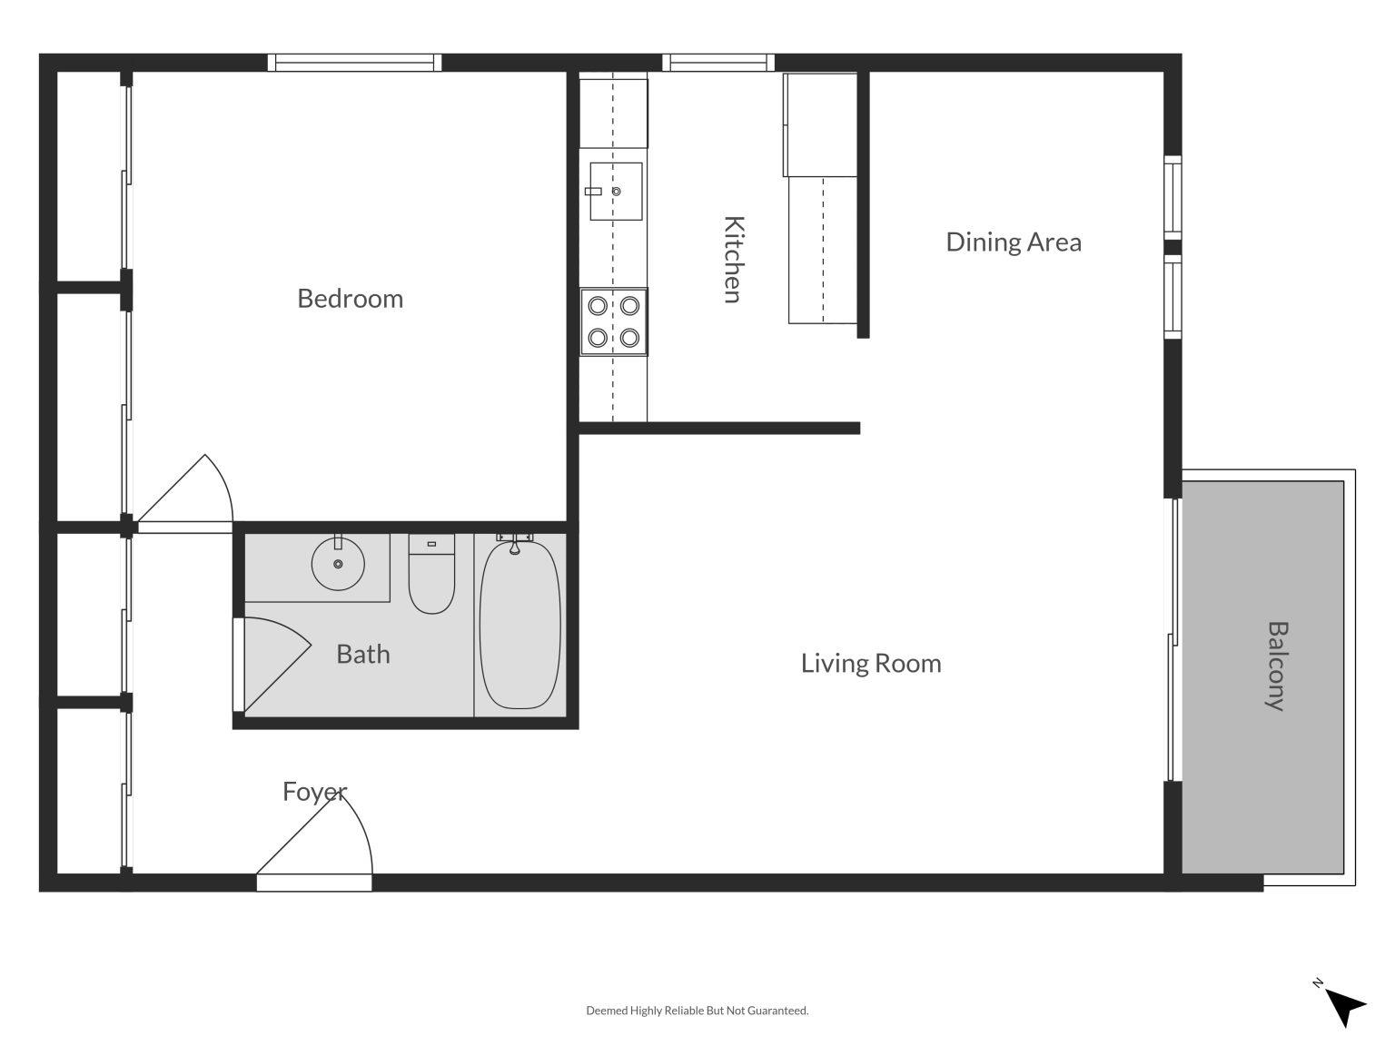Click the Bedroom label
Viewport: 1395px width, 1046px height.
[350, 299]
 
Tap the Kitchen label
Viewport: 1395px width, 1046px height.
[733, 259]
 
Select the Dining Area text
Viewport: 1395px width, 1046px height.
[1014, 242]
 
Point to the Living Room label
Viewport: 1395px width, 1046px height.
[871, 664]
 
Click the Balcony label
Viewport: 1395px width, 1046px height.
[1277, 666]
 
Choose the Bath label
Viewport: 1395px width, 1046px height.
[362, 654]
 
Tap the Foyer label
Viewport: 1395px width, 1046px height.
[314, 792]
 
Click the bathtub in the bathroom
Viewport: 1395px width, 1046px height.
[519, 625]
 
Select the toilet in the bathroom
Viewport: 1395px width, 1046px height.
[431, 576]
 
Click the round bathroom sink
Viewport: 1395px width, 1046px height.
[338, 564]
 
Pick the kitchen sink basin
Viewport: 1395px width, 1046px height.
[616, 192]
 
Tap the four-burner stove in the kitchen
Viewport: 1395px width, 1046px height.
[614, 322]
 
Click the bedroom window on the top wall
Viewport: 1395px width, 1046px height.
[354, 63]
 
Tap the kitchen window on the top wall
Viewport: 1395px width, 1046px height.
[718, 63]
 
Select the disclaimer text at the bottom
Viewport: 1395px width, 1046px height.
[697, 1011]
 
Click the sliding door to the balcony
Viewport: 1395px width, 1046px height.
[1172, 639]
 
